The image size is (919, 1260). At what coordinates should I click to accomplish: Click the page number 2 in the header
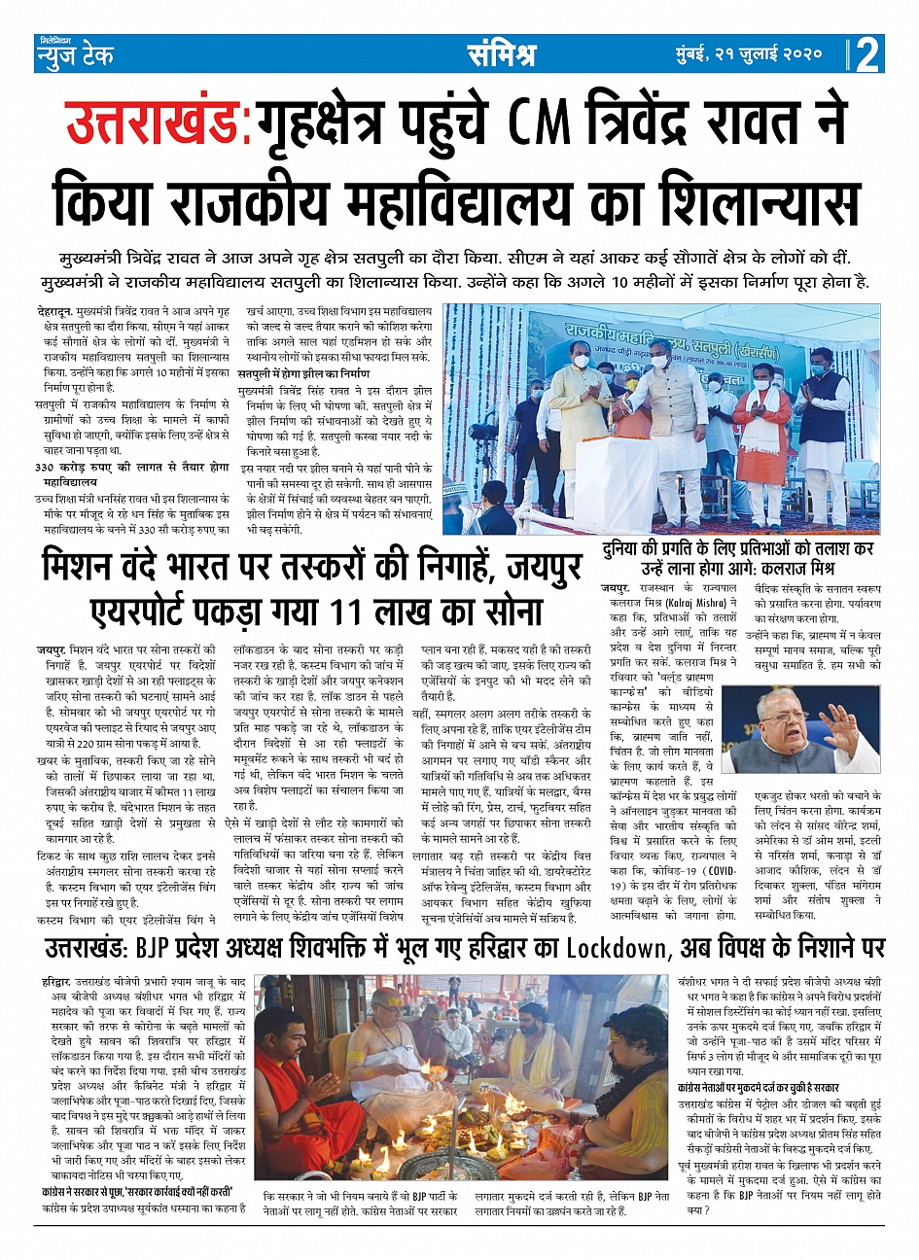(x=867, y=55)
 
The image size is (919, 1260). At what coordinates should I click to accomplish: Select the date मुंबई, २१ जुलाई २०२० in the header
(x=750, y=54)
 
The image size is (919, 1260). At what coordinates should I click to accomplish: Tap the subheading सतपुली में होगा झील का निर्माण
(x=304, y=374)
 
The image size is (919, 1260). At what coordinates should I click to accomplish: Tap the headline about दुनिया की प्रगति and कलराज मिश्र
(x=737, y=557)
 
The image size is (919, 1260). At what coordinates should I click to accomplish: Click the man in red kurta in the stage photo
(x=761, y=423)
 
